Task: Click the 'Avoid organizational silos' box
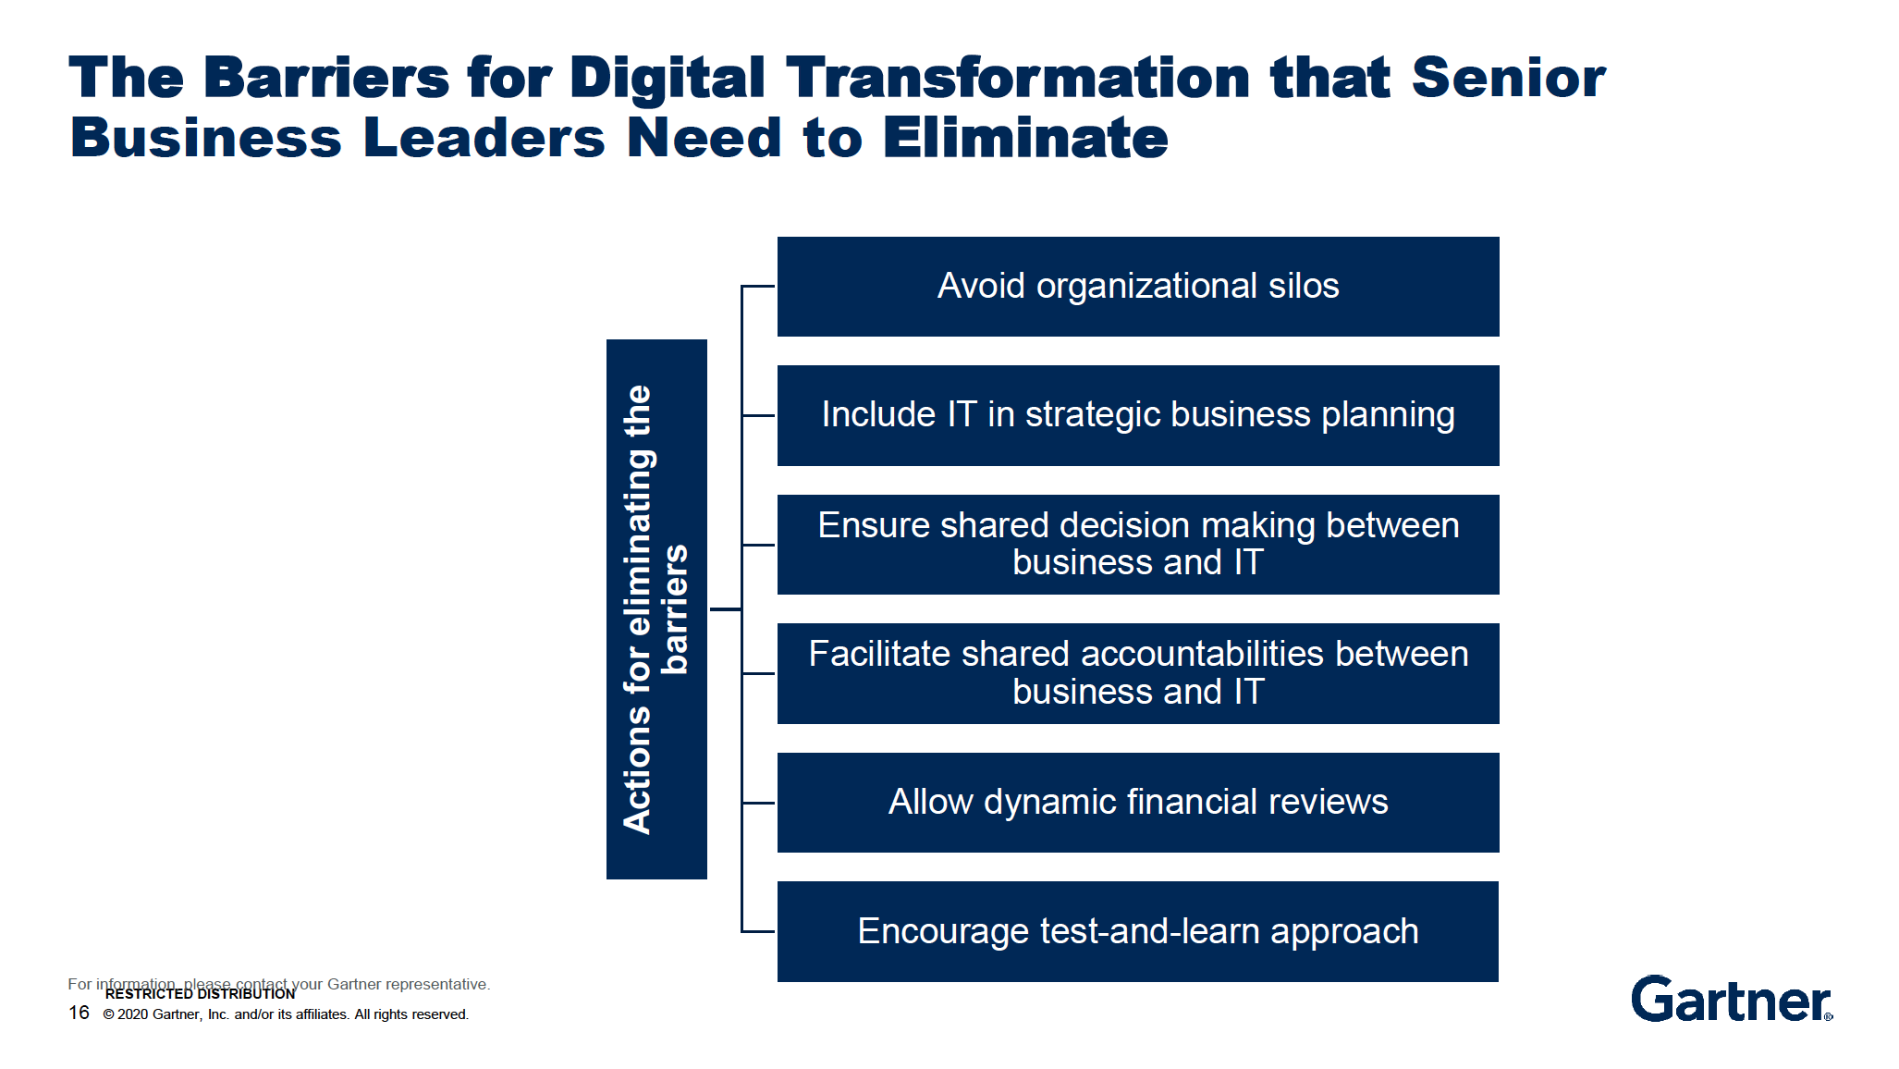coord(1138,287)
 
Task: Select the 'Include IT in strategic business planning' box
coord(1138,415)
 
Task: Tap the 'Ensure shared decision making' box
coord(1138,545)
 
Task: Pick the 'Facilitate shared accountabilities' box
coord(1138,673)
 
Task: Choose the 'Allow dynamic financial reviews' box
coord(1138,803)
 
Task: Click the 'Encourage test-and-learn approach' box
coord(1138,931)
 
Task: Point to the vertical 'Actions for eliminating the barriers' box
coord(656,609)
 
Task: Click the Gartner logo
coord(1732,999)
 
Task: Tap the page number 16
coord(79,1013)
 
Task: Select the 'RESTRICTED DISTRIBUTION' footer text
coord(200,994)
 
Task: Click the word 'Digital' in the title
coord(667,79)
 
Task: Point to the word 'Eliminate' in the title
coord(1025,138)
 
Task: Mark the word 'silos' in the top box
coord(1304,286)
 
